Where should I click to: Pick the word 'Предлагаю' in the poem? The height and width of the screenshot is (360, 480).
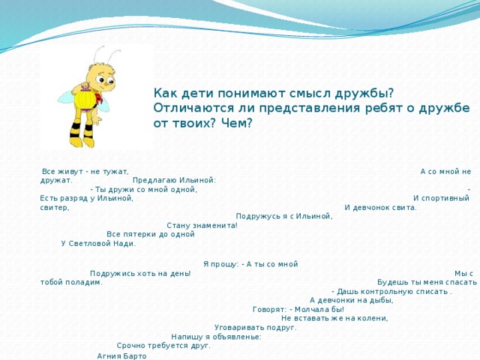tap(154, 180)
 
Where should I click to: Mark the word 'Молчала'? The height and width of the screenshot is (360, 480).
tap(309, 309)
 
